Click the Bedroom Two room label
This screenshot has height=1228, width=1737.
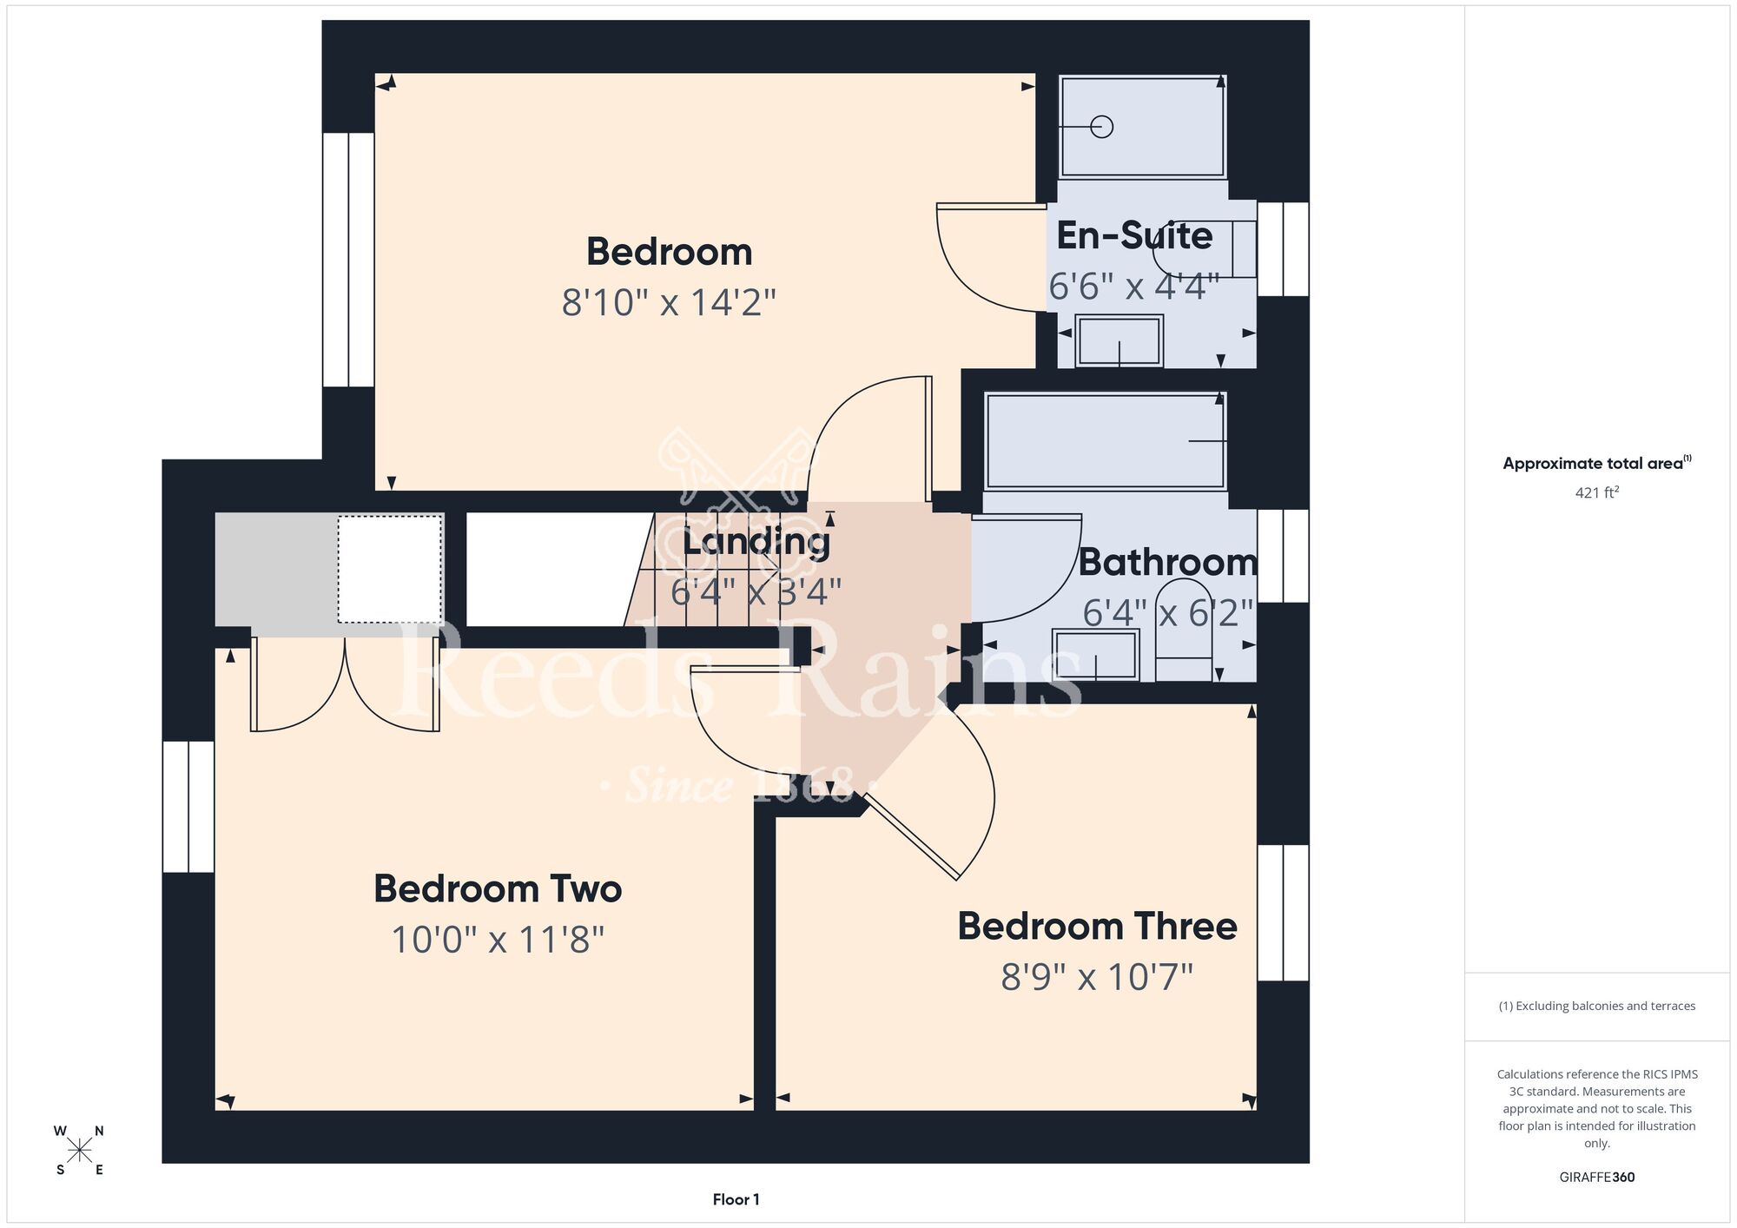(x=498, y=888)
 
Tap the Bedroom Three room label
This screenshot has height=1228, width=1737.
(x=1097, y=926)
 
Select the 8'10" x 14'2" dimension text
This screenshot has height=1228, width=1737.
(x=669, y=302)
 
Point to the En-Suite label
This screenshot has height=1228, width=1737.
(x=1134, y=235)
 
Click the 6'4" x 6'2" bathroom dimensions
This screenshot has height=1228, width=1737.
(x=1168, y=613)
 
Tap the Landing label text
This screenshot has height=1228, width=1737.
(x=756, y=542)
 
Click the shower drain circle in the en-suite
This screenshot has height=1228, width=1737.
(x=1102, y=127)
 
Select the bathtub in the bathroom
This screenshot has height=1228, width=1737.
(x=1105, y=441)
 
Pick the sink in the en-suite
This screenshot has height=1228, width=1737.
(x=1119, y=340)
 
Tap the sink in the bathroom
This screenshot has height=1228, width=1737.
(x=1095, y=655)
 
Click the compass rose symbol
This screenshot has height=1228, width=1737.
(x=79, y=1151)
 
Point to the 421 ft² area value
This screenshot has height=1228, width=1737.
(x=1597, y=492)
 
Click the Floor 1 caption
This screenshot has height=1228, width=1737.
(x=736, y=1199)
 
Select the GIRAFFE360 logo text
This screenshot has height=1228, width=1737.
(x=1597, y=1178)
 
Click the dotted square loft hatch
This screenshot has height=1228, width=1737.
(x=390, y=569)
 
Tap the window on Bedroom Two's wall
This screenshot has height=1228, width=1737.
(x=188, y=806)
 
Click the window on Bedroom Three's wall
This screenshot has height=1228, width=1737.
(x=1283, y=913)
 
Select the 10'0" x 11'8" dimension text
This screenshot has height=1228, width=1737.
(x=498, y=940)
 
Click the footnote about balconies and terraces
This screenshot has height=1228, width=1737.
(x=1597, y=1006)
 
